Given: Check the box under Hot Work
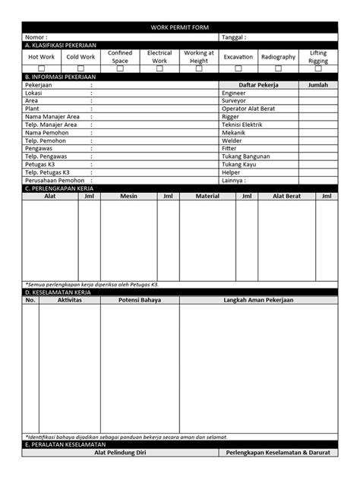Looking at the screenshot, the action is (x=41, y=68).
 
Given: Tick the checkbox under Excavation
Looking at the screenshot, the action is (x=238, y=68).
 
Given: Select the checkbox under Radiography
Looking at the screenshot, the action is (x=278, y=68).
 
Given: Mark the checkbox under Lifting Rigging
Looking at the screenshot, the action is (x=318, y=68).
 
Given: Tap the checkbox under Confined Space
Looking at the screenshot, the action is (x=120, y=68).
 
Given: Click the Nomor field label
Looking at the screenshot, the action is (x=36, y=36).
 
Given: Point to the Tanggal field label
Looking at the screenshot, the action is (x=234, y=36).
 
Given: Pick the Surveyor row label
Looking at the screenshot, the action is (x=233, y=101).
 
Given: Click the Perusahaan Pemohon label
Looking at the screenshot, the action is (x=55, y=180).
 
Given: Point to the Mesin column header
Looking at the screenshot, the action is (x=128, y=196).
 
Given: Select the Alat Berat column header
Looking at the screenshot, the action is (x=287, y=196).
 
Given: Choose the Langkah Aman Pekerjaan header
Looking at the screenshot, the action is (x=258, y=300).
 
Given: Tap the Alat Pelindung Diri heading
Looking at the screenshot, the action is (x=120, y=453).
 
